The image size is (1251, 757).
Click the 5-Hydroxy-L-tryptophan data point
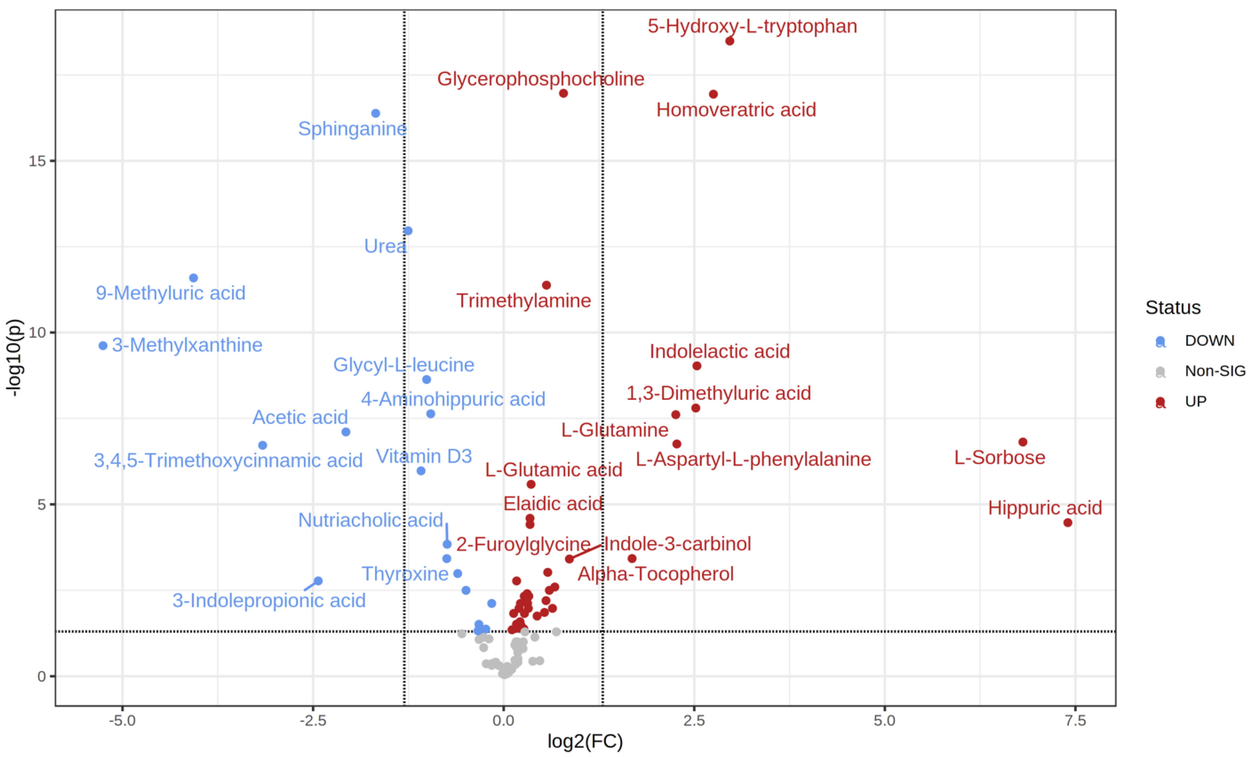(x=729, y=41)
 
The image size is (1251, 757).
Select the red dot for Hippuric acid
(x=1068, y=523)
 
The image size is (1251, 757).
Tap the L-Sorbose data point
(x=1023, y=442)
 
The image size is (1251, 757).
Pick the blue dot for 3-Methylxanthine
(x=103, y=346)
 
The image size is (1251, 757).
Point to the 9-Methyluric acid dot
(x=194, y=278)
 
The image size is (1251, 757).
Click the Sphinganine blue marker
(x=376, y=113)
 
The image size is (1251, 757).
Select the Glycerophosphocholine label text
(x=541, y=79)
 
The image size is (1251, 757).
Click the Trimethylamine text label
(x=523, y=300)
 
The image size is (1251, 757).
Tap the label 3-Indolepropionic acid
(x=269, y=600)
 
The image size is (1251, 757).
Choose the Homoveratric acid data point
(x=713, y=94)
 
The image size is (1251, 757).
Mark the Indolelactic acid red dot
(x=697, y=366)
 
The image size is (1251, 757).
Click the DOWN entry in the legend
(x=1209, y=340)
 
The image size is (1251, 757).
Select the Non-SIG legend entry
(x=1214, y=371)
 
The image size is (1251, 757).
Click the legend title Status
(x=1173, y=307)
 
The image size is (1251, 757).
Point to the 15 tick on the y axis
(x=37, y=161)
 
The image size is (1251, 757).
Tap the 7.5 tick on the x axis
(x=1075, y=720)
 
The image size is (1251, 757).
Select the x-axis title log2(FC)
(x=585, y=741)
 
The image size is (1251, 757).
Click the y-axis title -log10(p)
(x=14, y=358)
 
